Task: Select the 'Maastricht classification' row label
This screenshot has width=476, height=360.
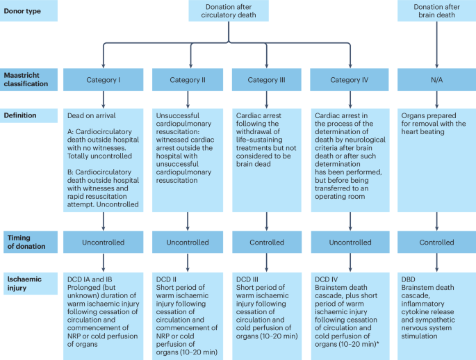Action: [28, 79]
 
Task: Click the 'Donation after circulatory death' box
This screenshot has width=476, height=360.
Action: [228, 12]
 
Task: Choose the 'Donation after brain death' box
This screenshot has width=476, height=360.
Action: [436, 12]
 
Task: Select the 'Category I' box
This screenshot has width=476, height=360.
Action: [104, 80]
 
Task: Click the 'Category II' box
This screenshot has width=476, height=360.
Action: [187, 80]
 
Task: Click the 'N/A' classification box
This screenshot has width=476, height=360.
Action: [436, 80]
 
